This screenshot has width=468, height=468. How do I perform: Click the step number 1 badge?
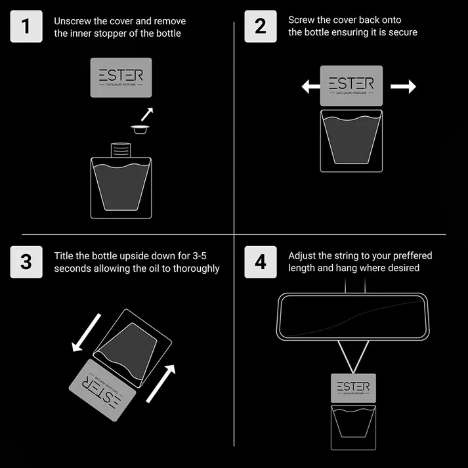(x=26, y=26)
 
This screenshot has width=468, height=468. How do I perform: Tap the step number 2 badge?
(x=261, y=26)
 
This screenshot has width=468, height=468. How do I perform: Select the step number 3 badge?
(x=26, y=262)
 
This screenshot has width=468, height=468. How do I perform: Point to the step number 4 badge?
(x=261, y=262)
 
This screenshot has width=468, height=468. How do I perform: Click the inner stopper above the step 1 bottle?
(x=140, y=129)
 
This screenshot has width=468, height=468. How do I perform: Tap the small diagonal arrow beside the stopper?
(x=147, y=114)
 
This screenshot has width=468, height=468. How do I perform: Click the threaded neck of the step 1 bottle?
(x=121, y=150)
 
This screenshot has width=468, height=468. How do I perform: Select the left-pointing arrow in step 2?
(x=311, y=87)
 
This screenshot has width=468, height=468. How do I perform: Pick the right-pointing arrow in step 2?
(x=403, y=87)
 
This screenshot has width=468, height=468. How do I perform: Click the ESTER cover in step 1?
(x=121, y=77)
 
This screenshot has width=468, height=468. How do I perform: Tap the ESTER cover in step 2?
(x=351, y=86)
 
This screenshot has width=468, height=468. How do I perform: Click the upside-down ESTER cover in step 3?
(x=102, y=391)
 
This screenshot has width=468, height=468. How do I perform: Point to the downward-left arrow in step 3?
(x=86, y=333)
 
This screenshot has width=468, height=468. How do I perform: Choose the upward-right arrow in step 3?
(x=161, y=384)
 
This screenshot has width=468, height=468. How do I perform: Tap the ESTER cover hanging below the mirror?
(x=353, y=388)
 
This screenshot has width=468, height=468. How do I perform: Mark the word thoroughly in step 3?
(x=196, y=268)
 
